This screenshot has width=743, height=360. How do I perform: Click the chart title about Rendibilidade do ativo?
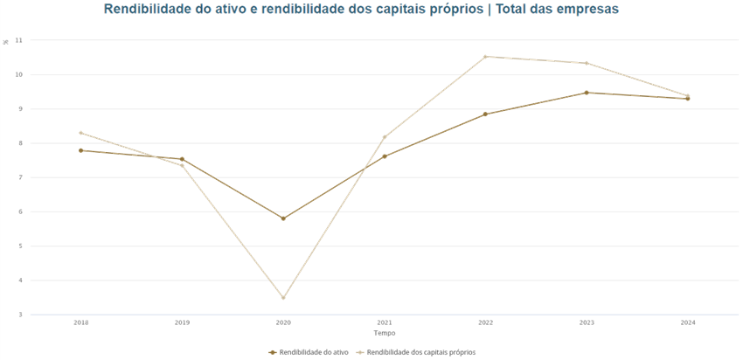pyautogui.click(x=361, y=10)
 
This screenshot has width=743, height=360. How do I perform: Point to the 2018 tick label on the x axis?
pyautogui.click(x=81, y=322)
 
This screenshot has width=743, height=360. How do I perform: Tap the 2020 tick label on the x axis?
pyautogui.click(x=283, y=322)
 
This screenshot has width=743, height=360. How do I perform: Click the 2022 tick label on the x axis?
pyautogui.click(x=485, y=322)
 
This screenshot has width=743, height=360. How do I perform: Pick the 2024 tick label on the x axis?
pyautogui.click(x=687, y=322)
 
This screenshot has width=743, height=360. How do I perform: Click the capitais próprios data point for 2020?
pyautogui.click(x=283, y=298)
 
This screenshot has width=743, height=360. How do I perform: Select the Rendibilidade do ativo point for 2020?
pyautogui.click(x=283, y=218)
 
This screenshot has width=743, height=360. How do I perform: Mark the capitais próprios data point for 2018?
pyautogui.click(x=81, y=133)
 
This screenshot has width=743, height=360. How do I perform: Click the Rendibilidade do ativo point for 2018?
pyautogui.click(x=81, y=150)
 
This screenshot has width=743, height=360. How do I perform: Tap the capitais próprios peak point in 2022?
pyautogui.click(x=485, y=57)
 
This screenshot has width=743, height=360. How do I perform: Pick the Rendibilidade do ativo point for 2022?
pyautogui.click(x=485, y=114)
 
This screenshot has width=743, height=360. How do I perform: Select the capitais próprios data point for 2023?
pyautogui.click(x=586, y=63)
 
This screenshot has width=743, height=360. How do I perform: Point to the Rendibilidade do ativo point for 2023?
pyautogui.click(x=586, y=93)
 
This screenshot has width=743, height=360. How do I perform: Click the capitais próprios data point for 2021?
pyautogui.click(x=384, y=137)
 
